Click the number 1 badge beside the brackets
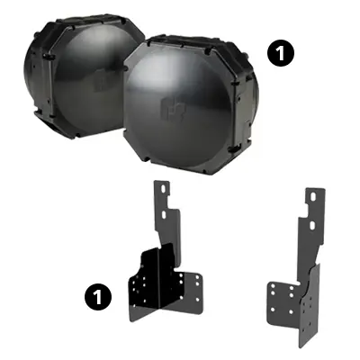96,294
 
